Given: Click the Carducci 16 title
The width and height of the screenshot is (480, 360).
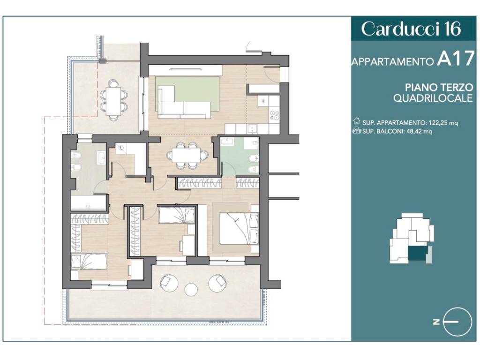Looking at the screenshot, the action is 411,29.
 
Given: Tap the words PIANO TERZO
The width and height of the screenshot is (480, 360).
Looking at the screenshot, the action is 439,87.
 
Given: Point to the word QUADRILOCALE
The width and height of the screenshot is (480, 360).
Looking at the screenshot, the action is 433,98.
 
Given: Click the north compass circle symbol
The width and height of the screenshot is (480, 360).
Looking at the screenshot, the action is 457,322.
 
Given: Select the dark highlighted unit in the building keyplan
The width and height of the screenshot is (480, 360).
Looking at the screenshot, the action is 418,254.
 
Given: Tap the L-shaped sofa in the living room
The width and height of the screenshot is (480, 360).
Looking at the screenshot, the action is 184,102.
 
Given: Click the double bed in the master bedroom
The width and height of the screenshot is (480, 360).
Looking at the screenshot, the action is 239,229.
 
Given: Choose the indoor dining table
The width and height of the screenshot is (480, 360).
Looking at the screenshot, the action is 186,155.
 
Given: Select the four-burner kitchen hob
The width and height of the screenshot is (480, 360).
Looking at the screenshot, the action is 274,115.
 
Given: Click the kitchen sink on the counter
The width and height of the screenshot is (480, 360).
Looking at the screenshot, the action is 253,129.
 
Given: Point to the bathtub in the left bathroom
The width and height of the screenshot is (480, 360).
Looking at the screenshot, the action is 89,203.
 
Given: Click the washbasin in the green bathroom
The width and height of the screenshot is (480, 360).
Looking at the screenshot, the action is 227,142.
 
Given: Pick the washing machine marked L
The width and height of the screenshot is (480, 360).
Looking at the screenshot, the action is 121,149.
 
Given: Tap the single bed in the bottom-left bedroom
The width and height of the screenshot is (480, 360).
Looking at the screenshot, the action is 89,261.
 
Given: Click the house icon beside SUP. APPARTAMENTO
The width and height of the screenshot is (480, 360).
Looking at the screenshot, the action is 356,121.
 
